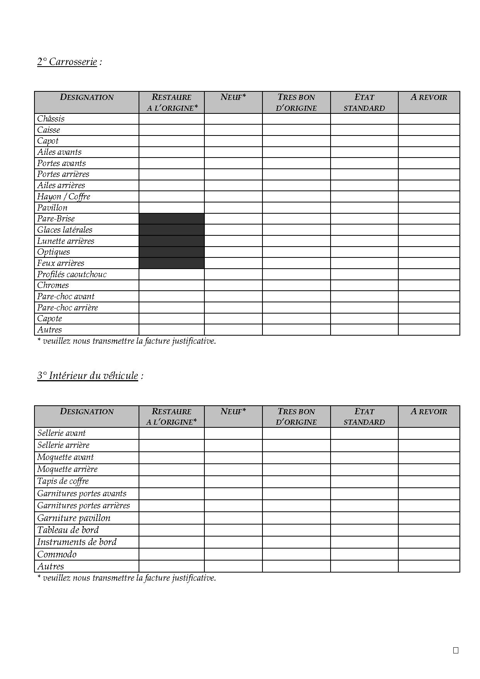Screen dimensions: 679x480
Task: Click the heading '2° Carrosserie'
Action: point(67,62)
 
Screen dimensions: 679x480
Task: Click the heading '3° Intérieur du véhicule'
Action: point(88,376)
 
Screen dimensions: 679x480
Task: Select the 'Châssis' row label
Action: point(51,119)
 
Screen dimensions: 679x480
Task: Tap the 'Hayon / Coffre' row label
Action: point(63,197)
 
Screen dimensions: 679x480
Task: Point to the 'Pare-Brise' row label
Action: point(56,219)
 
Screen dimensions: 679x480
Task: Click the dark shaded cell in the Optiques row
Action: point(171,252)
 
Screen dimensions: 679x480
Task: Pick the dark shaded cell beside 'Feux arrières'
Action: point(171,263)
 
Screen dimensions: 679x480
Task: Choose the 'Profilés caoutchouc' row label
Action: point(72,274)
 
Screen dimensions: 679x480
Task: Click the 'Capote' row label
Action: point(50,319)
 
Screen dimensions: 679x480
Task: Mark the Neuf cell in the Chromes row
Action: point(233,285)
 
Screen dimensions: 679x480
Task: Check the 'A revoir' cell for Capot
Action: point(429,141)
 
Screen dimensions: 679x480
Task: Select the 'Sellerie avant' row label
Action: point(61,433)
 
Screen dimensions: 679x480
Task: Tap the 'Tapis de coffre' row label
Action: point(63,482)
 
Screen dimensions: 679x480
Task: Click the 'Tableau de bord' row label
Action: point(68,530)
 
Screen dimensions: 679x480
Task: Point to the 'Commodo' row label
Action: point(57,554)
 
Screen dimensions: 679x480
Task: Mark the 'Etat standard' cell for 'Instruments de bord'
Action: point(364,542)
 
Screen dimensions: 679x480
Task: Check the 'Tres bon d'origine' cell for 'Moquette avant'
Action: point(296,458)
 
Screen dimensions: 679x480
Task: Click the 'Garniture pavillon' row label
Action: point(74,518)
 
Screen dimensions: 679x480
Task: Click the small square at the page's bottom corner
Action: point(456,650)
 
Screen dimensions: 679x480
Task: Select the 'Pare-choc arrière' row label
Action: point(67,308)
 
